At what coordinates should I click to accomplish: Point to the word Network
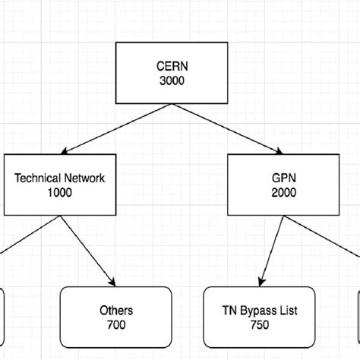point(85,178)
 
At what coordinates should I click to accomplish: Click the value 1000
point(59,193)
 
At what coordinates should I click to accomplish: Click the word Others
point(115,310)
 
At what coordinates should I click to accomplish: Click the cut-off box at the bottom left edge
point(2,315)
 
